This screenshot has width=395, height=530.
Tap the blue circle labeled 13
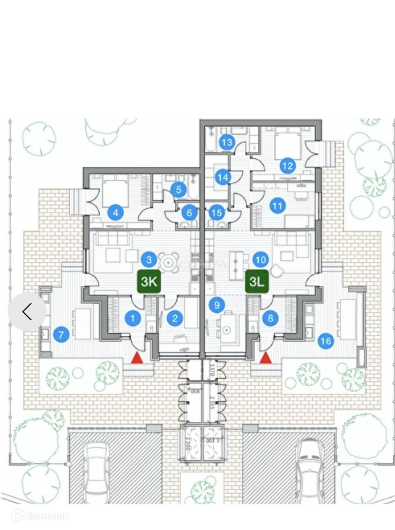click(227, 142)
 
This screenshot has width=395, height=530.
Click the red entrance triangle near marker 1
click(138, 357)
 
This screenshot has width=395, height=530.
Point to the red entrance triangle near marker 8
click(265, 357)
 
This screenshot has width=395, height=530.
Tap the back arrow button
click(27, 311)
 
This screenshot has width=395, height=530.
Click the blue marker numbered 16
click(325, 341)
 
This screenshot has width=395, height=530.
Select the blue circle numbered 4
click(115, 212)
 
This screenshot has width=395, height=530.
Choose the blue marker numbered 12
click(288, 165)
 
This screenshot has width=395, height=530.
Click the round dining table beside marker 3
click(169, 262)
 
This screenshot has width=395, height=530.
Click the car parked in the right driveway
click(309, 467)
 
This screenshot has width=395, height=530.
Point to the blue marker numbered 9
click(216, 305)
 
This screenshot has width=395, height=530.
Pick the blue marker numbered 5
click(179, 189)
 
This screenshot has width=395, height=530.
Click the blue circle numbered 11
click(277, 205)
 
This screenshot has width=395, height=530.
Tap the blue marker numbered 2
click(175, 319)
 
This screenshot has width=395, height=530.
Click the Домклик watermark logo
click(41, 516)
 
